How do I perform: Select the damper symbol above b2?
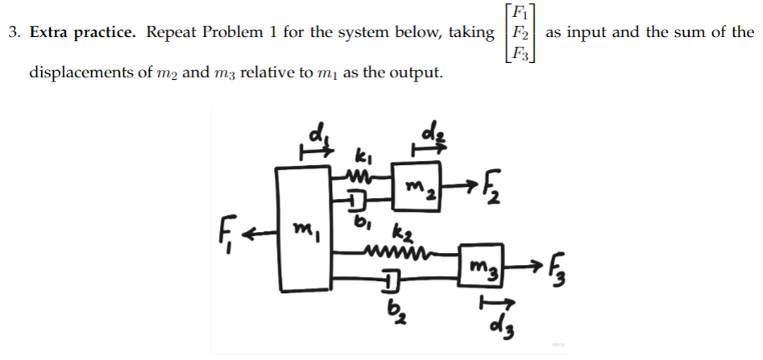[x=389, y=281]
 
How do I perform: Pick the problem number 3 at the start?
[x=13, y=32]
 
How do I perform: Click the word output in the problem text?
[x=413, y=73]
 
